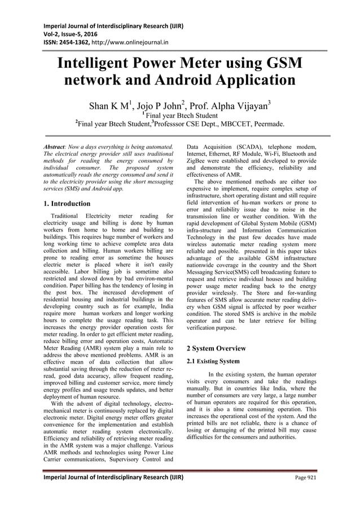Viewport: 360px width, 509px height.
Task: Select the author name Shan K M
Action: (x=108, y=106)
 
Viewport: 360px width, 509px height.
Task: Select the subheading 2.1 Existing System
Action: (x=213, y=361)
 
